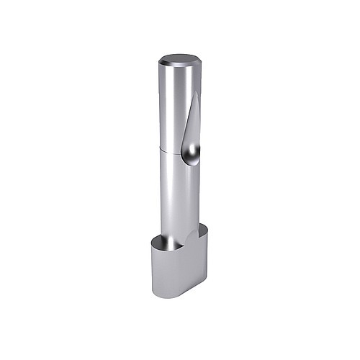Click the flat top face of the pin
tap(179, 60)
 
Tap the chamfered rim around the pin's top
tap(179, 68)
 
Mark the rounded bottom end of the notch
tap(192, 160)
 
